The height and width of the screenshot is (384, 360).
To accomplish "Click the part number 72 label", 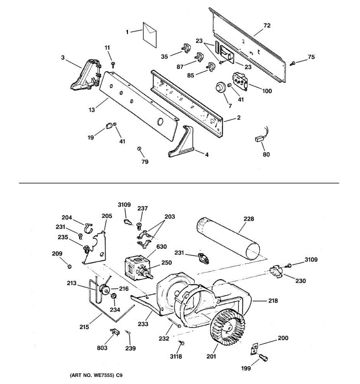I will tap(267, 25).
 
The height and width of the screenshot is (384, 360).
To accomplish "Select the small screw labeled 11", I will tap(113, 64).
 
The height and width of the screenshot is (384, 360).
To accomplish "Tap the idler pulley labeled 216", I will tap(104, 290).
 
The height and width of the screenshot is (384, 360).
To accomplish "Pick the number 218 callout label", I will tap(273, 301).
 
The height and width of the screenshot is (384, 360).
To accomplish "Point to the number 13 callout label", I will tap(92, 110).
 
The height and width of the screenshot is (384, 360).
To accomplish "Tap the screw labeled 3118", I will tap(181, 343).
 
